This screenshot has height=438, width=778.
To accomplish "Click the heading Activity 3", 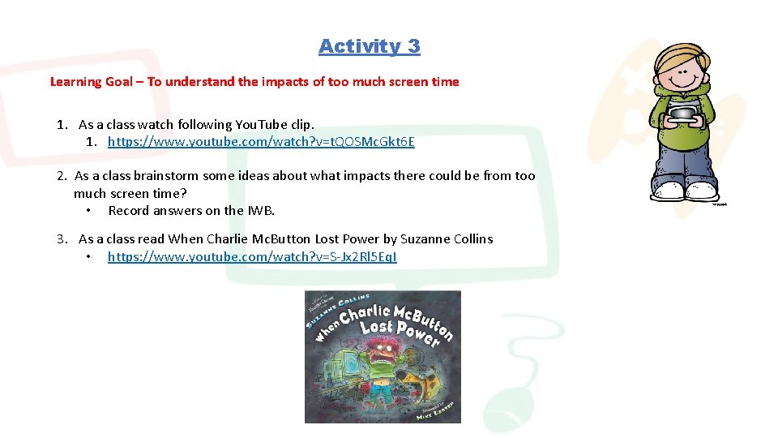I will pos(369,46).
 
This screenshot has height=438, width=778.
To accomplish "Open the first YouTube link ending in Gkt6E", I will pos(261,142).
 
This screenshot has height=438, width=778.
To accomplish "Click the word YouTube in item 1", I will pos(257,125).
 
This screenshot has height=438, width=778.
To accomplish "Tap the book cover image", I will pos(383,357).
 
